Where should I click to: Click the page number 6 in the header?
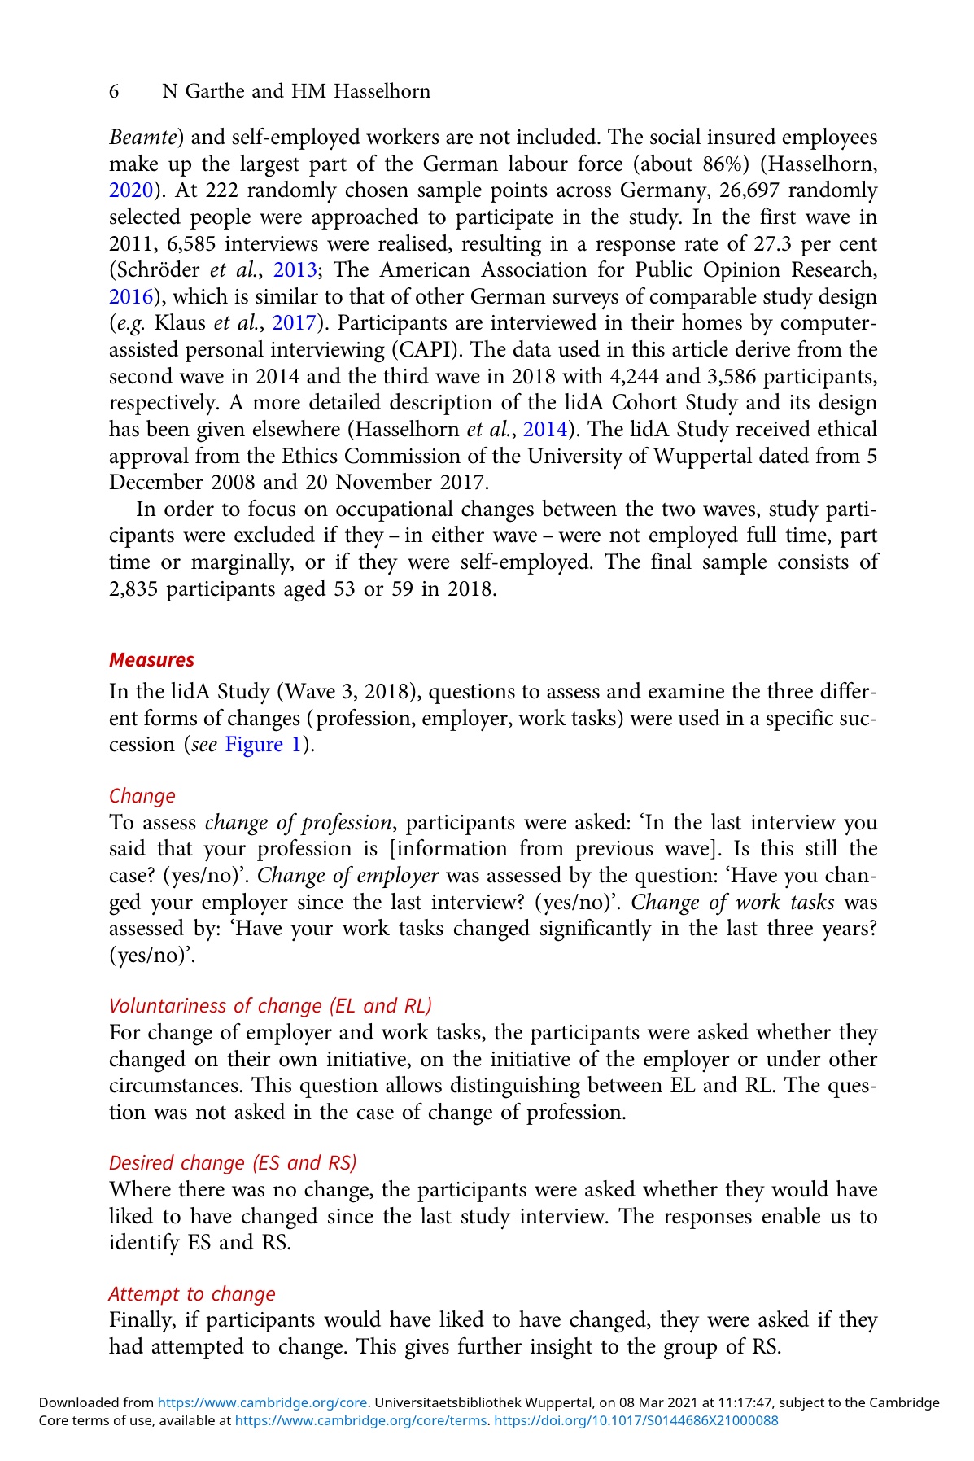[115, 92]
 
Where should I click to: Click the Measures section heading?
[151, 659]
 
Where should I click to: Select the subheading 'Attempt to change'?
[192, 1293]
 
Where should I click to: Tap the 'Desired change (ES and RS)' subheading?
[233, 1162]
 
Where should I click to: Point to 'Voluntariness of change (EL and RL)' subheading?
[270, 1006]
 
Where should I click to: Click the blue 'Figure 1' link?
[263, 745]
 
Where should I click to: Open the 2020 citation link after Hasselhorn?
[131, 191]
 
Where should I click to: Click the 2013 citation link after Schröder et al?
[294, 270]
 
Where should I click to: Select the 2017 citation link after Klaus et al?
[294, 323]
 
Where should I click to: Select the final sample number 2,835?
[134, 588]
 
